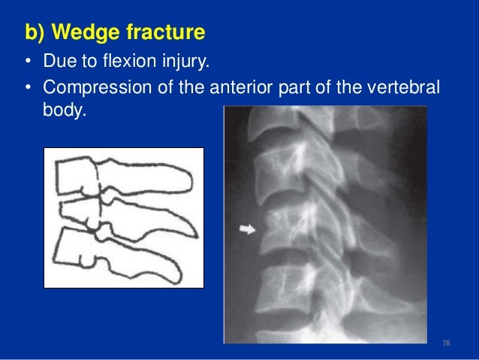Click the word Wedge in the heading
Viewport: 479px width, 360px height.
(x=90, y=34)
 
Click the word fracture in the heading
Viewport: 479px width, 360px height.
(x=167, y=34)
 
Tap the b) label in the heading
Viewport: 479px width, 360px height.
(x=34, y=34)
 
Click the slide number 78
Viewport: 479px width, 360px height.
(x=447, y=343)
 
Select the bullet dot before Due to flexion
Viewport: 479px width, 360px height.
(x=26, y=62)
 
